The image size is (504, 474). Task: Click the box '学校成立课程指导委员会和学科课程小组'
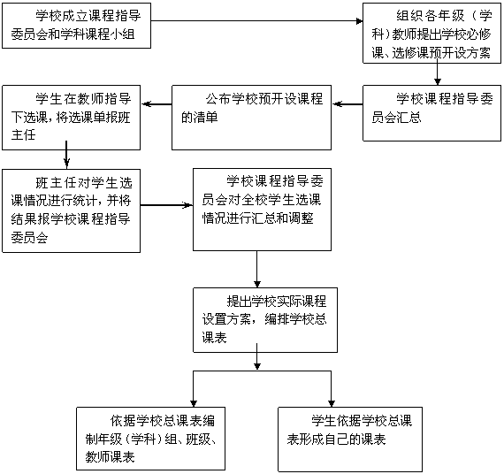pos(77,26)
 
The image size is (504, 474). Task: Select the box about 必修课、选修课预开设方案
pos(432,33)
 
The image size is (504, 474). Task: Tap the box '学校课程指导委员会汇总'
pos(432,113)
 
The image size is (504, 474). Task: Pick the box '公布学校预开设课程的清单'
pos(251,118)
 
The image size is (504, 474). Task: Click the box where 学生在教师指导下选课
pos(71,118)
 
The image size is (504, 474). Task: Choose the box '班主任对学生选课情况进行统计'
pos(71,211)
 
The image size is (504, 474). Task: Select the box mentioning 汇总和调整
pos(262,210)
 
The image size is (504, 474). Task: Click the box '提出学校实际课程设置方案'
pos(265,320)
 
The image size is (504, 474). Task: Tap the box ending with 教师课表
pos(150,439)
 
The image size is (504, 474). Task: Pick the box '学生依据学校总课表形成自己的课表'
pos(350,440)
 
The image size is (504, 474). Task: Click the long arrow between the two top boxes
pos(256,21)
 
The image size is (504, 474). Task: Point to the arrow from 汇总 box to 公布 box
pos(347,104)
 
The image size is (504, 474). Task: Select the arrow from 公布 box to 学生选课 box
pos(157,103)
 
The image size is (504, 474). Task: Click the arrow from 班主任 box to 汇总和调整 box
pos(166,205)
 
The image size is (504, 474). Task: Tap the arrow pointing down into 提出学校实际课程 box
pos(256,269)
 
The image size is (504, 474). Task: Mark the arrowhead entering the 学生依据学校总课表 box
pos(332,403)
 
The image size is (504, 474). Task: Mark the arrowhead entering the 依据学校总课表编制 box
pos(193,403)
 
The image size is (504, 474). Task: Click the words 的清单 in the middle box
pos(200,118)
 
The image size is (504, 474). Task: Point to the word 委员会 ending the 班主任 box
pos(29,238)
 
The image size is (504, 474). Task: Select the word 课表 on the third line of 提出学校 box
pos(214,337)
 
